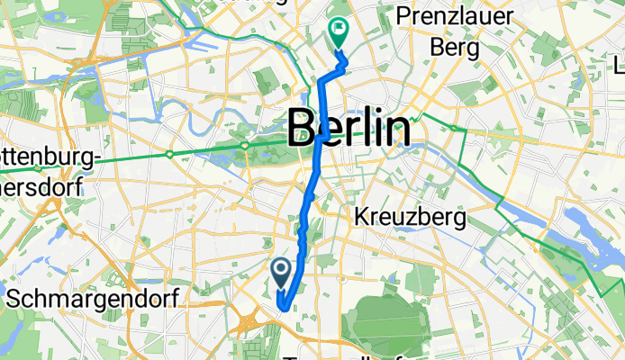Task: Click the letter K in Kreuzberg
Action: coord(362,217)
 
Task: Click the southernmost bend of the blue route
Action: coord(282,308)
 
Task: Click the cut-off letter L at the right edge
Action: coord(620,66)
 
